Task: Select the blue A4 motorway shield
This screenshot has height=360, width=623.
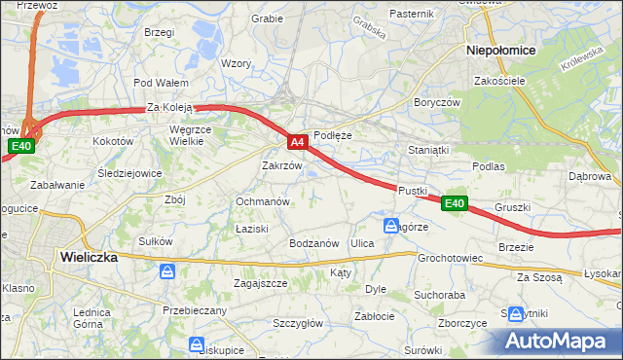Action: point(299,142)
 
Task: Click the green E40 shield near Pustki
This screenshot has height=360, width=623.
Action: point(455,203)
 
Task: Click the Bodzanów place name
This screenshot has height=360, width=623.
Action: point(313,243)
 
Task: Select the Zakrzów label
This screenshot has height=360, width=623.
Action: point(283,165)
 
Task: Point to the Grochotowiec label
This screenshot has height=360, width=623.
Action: point(451,259)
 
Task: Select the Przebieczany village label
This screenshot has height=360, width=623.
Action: point(195,310)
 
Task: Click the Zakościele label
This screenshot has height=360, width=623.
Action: point(499,81)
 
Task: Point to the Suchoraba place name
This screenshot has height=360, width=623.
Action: point(437,293)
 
